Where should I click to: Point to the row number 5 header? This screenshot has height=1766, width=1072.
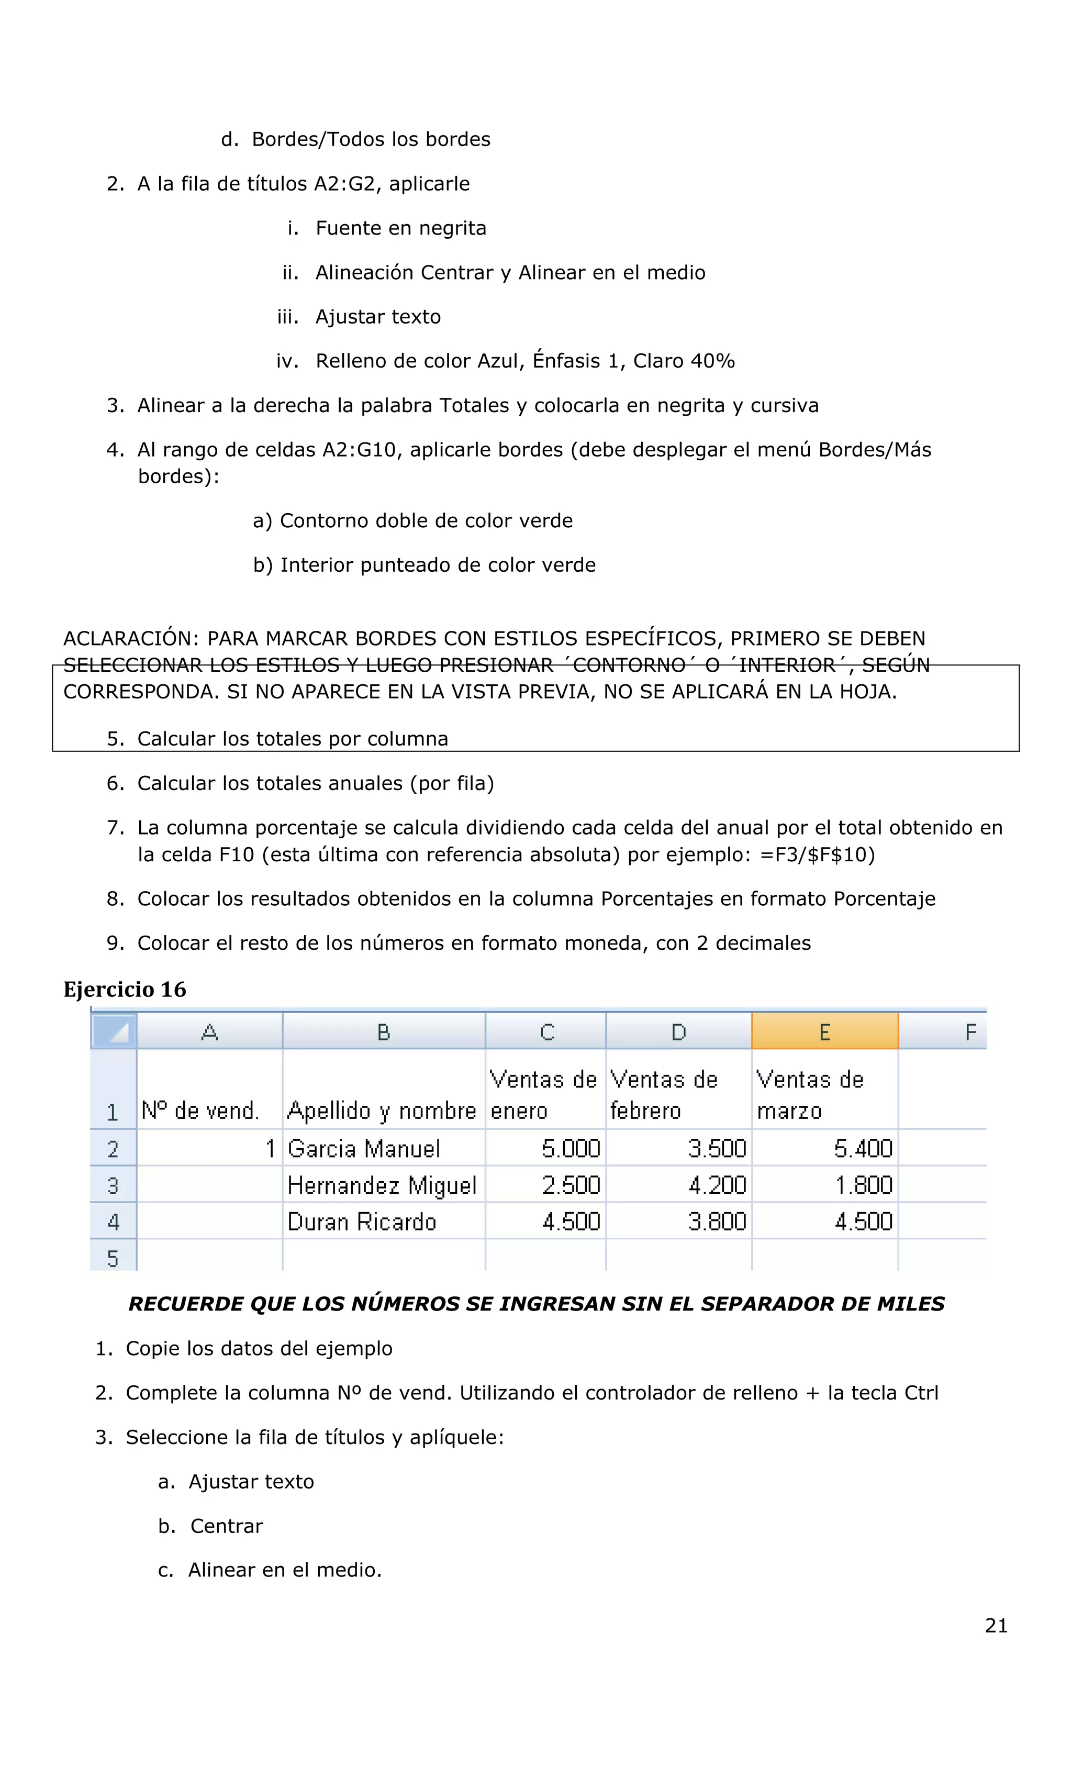113,1258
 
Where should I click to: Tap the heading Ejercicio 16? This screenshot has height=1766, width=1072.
125,989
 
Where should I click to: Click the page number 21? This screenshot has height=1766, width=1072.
996,1626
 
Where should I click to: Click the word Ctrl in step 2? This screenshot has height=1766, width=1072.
921,1393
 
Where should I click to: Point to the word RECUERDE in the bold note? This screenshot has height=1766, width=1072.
186,1304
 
